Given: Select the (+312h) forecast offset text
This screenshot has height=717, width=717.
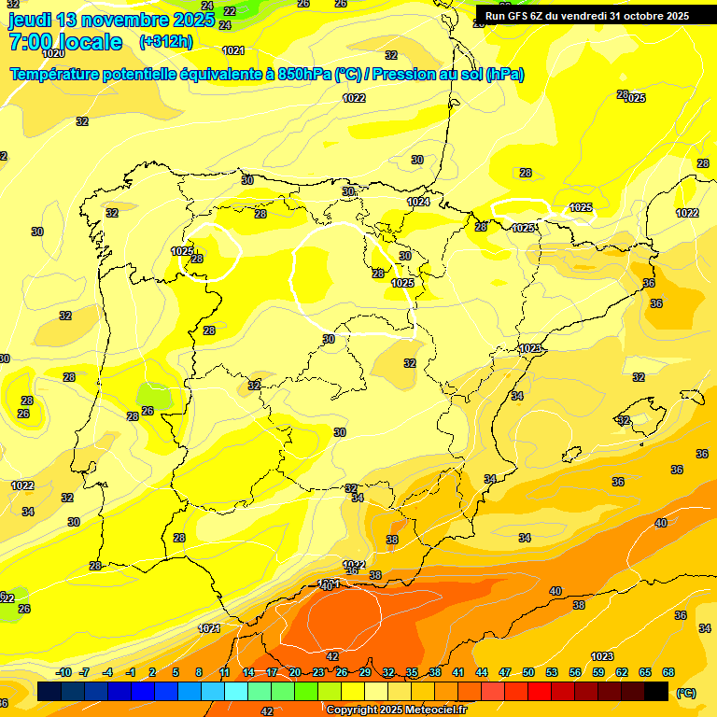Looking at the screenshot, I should pos(164,41).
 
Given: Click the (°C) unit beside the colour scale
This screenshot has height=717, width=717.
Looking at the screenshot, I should pos(685,693).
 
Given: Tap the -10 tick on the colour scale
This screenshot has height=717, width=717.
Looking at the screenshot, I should pos(63,672).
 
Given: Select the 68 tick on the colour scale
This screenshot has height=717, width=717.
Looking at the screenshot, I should pos(668,672).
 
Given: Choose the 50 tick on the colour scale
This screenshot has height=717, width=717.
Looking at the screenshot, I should pos(528,672).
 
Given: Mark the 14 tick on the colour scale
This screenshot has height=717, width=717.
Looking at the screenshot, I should pos(248,672).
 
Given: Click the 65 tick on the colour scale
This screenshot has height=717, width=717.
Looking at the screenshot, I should pos(645,672).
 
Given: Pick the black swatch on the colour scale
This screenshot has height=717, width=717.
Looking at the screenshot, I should pos(656,692).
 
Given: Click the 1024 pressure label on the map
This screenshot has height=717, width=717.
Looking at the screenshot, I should pos(418,202).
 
